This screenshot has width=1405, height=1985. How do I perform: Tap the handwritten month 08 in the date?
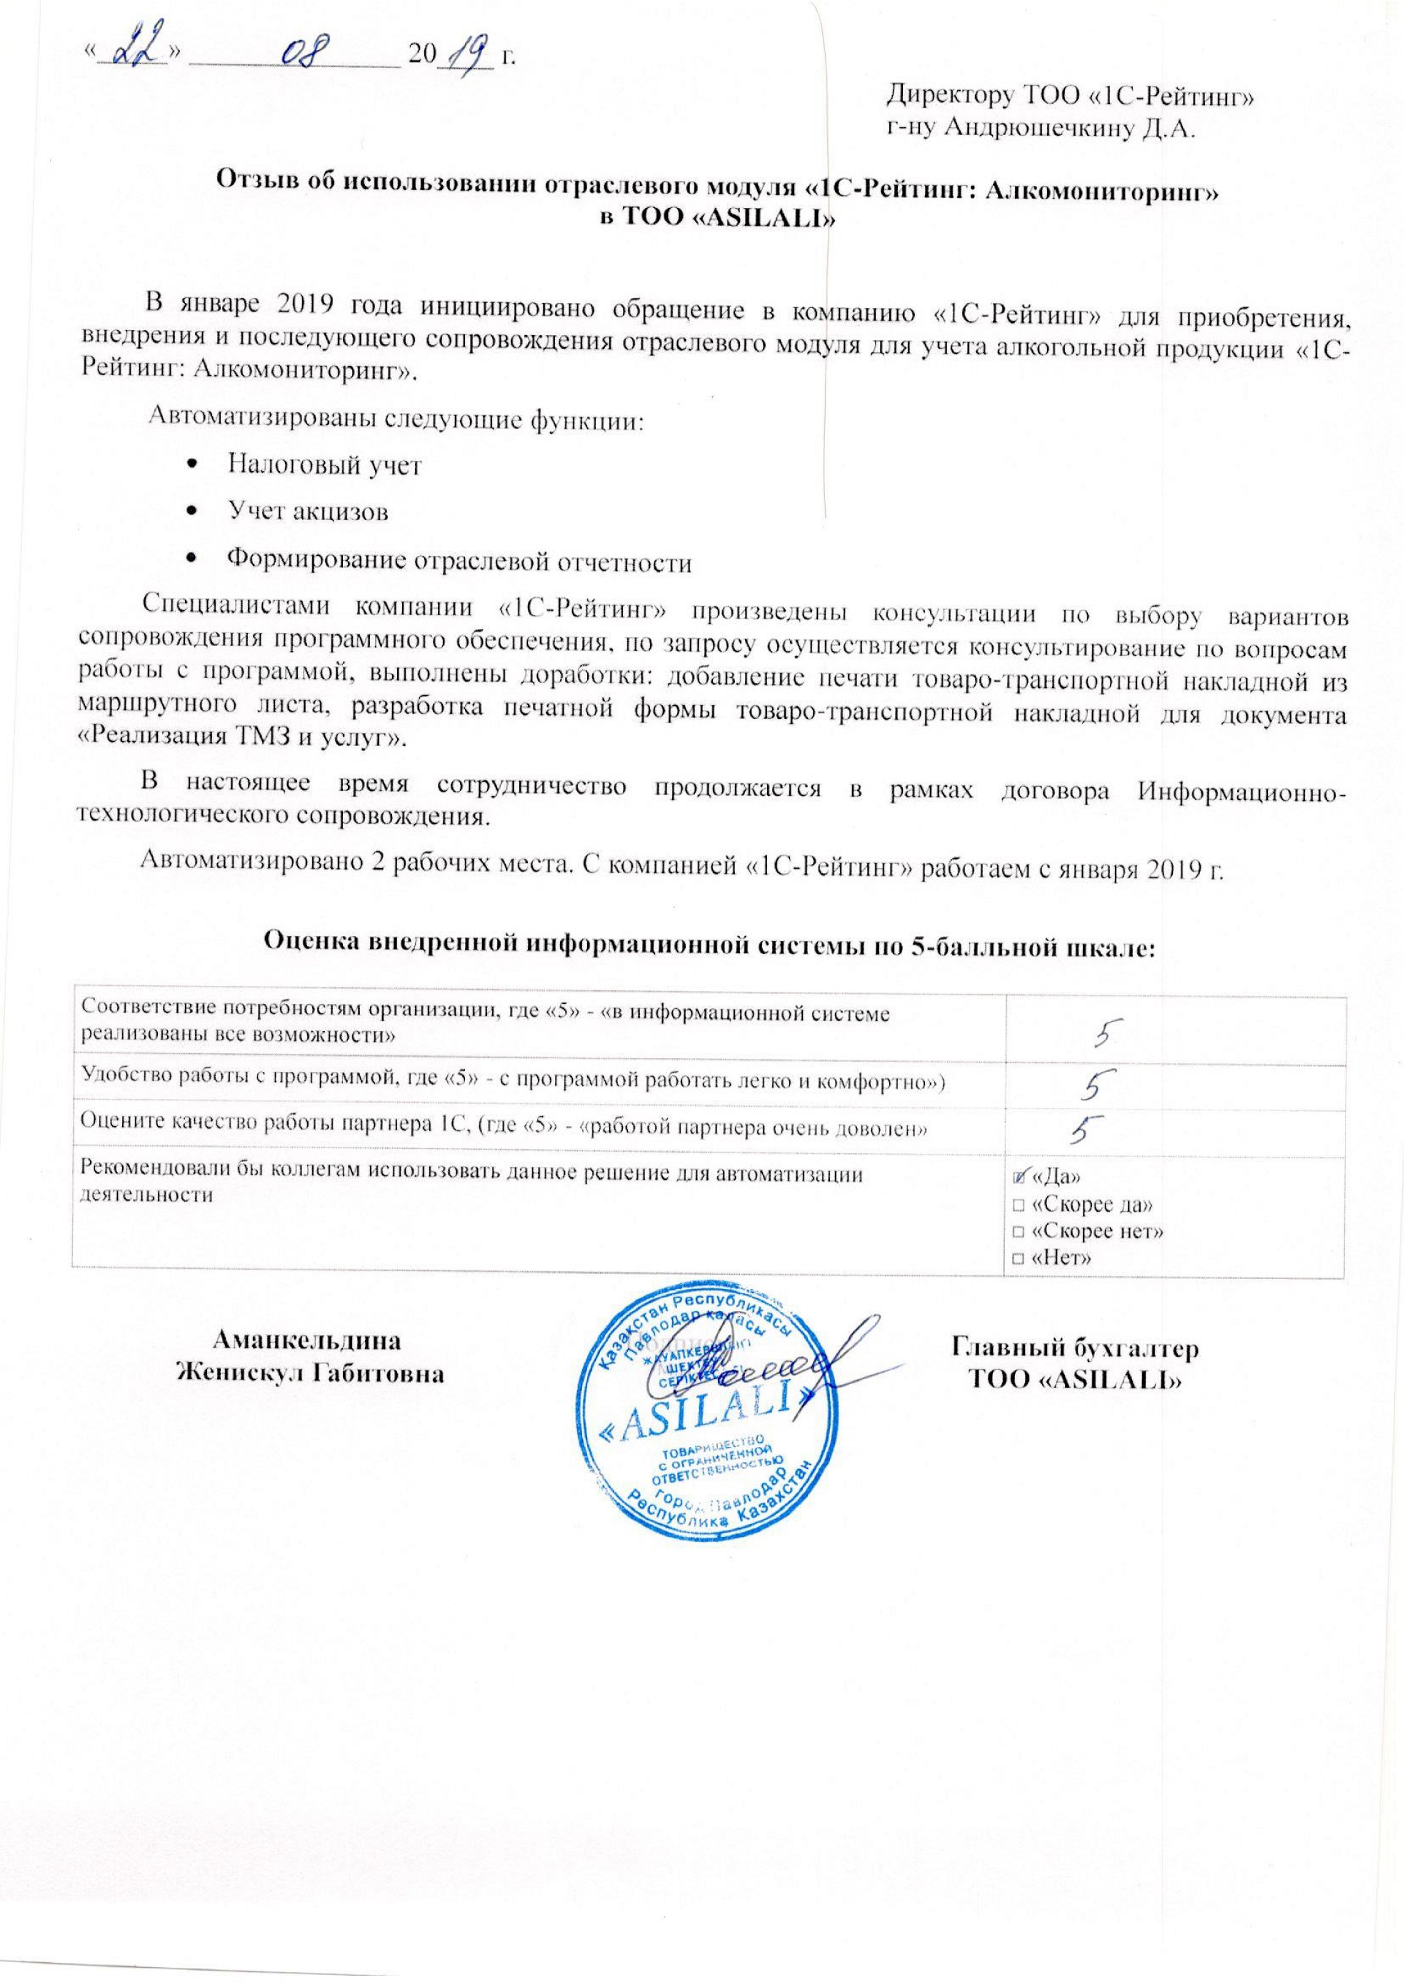point(298,51)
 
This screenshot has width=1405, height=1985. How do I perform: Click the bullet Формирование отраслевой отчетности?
point(459,562)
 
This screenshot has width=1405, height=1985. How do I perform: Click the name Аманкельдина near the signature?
point(307,1342)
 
